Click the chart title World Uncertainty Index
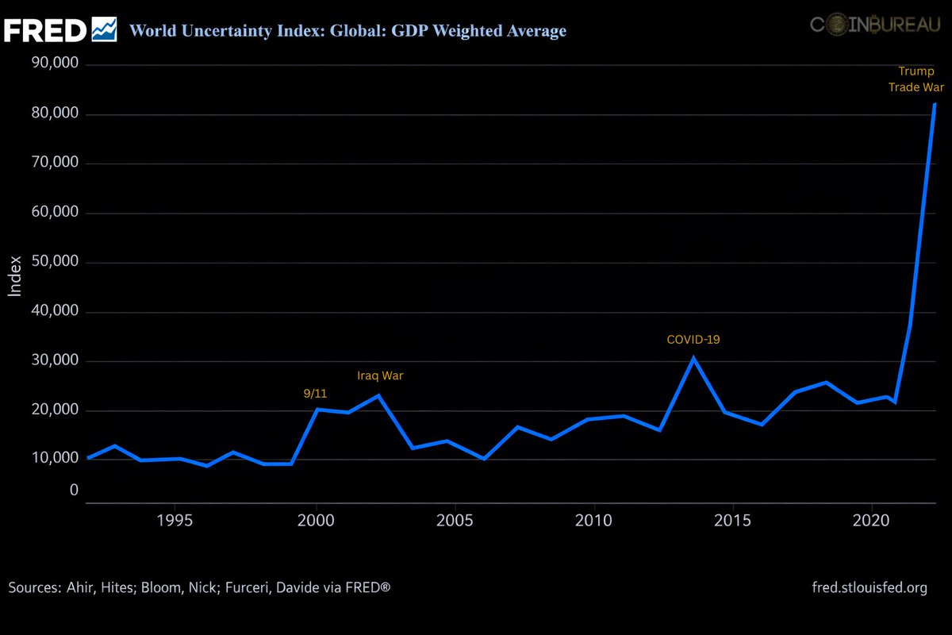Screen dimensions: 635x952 tap(347, 31)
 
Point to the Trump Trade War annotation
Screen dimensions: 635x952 tap(916, 79)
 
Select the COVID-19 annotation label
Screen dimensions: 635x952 tap(693, 340)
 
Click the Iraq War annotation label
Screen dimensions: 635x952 tap(380, 375)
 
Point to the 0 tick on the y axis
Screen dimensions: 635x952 tap(74, 491)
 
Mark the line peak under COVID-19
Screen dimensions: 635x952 tap(693, 358)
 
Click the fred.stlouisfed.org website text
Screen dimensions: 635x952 tap(869, 588)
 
